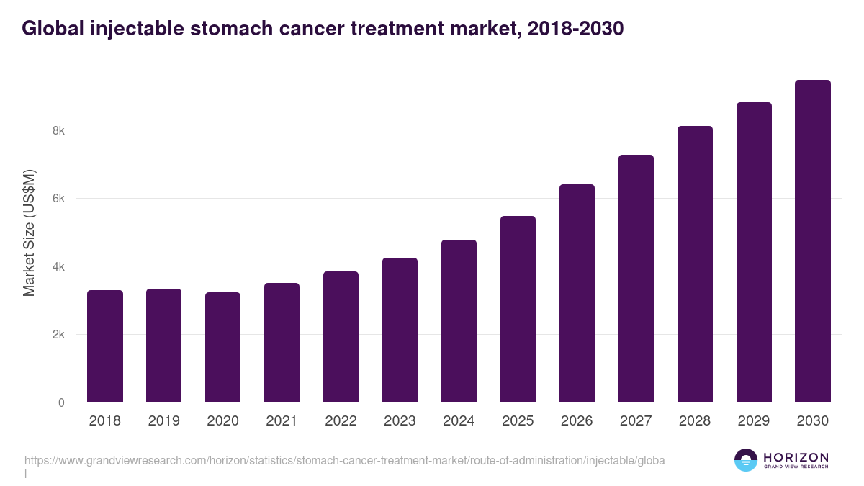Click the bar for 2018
(x=105, y=346)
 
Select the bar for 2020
(x=223, y=347)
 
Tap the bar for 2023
(x=400, y=330)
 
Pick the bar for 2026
(x=577, y=293)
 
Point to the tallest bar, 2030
(x=813, y=241)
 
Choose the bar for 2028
(x=695, y=264)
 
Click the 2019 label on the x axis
(x=164, y=421)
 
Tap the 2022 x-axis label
(x=341, y=421)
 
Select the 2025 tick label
(x=518, y=421)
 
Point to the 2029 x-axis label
(x=754, y=421)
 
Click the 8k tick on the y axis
(x=58, y=131)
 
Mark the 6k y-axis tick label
(x=58, y=199)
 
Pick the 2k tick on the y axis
(x=58, y=335)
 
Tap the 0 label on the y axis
(x=61, y=402)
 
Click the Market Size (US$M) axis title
(x=29, y=233)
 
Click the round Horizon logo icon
(x=746, y=460)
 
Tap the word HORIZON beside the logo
(x=796, y=457)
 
